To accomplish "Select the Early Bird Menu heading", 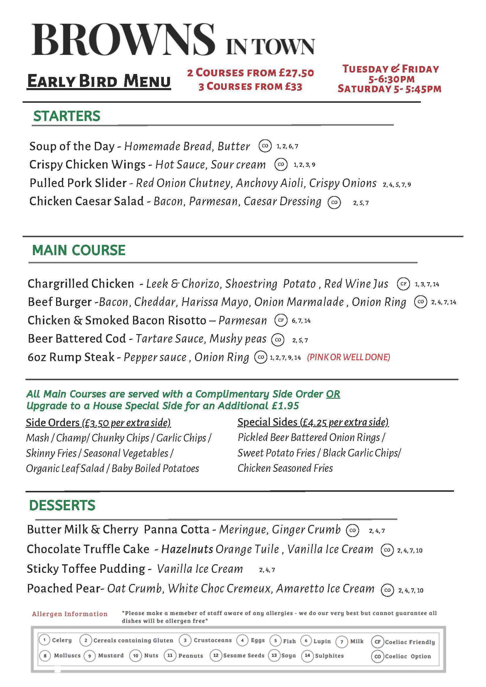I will (99, 81).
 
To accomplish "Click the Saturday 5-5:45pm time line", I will (389, 89).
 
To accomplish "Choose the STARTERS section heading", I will (67, 116).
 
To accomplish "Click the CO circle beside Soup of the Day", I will (265, 146).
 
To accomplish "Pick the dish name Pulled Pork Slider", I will (78, 183).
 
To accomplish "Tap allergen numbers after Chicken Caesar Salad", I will (361, 203).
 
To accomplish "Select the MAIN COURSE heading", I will (79, 250).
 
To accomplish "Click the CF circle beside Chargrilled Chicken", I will (403, 284).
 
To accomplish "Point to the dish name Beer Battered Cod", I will (77, 339).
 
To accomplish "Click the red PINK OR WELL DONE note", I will (349, 357).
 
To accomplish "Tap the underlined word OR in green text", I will (333, 394).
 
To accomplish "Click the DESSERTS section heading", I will (62, 505).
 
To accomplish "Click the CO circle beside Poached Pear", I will (387, 590).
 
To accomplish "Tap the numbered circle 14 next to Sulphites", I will (307, 655).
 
